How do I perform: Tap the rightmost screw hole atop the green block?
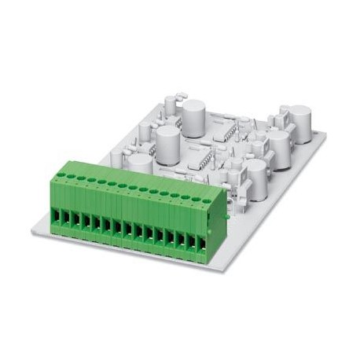(x=206, y=200)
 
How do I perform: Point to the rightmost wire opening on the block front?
(x=202, y=244)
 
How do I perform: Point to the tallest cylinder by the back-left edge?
(x=193, y=117)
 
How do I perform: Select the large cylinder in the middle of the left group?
(x=167, y=143)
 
